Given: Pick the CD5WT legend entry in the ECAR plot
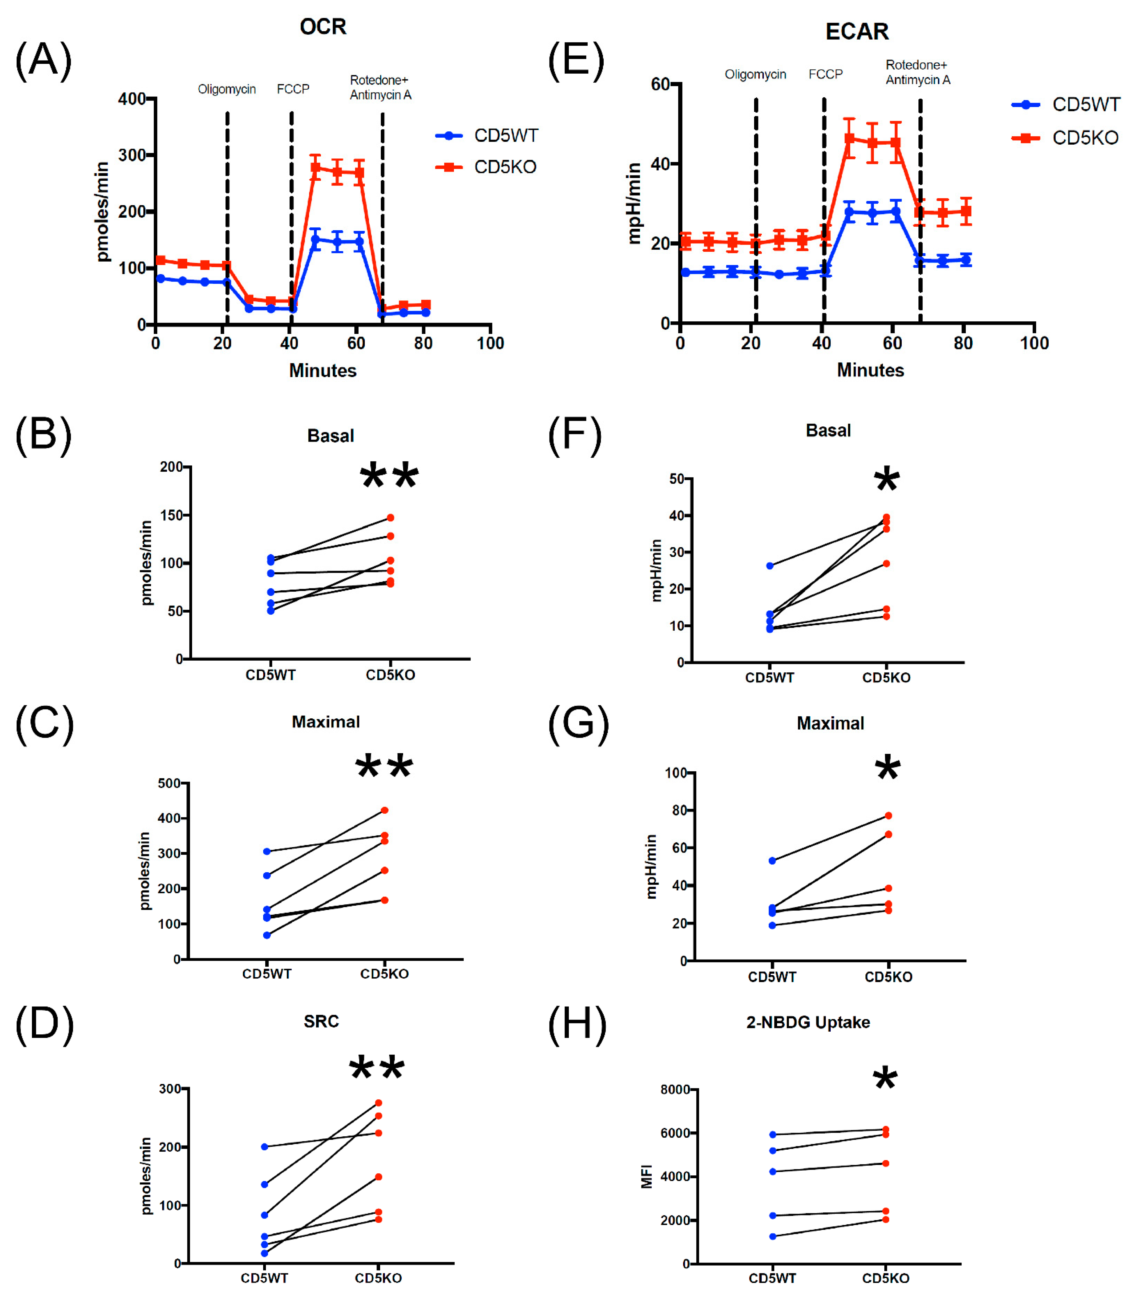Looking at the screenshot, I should click(x=1066, y=104).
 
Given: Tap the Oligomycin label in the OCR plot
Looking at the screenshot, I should click(x=227, y=89).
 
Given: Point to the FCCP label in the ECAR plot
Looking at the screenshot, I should click(x=825, y=74).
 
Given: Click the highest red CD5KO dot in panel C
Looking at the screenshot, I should click(x=384, y=810).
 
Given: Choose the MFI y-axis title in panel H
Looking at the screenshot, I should click(x=647, y=1176).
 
